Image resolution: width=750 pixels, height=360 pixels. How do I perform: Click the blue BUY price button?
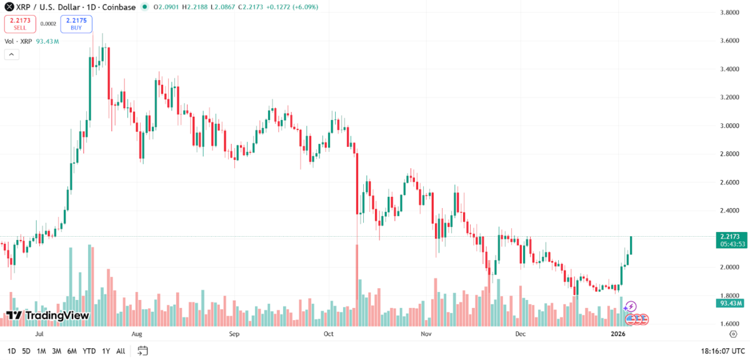click(x=76, y=24)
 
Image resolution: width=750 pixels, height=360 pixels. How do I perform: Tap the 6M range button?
click(x=71, y=351)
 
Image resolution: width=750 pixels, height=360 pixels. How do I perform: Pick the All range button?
click(x=120, y=351)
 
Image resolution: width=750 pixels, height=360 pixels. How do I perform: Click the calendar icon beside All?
click(x=142, y=351)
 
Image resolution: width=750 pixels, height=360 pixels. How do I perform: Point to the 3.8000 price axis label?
click(x=731, y=12)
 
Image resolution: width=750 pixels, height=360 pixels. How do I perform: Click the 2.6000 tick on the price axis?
click(x=731, y=182)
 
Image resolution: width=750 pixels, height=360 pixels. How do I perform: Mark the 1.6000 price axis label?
click(x=731, y=324)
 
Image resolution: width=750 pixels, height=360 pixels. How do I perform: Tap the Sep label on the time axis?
click(x=234, y=334)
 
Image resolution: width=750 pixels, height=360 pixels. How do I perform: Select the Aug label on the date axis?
click(x=137, y=334)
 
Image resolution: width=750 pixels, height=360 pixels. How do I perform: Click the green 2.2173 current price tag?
click(x=730, y=237)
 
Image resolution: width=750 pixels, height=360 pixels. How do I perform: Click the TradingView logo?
click(x=47, y=316)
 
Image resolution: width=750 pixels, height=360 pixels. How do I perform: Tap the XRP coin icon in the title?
click(x=9, y=7)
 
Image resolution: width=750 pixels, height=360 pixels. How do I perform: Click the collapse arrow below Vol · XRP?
click(x=11, y=54)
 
